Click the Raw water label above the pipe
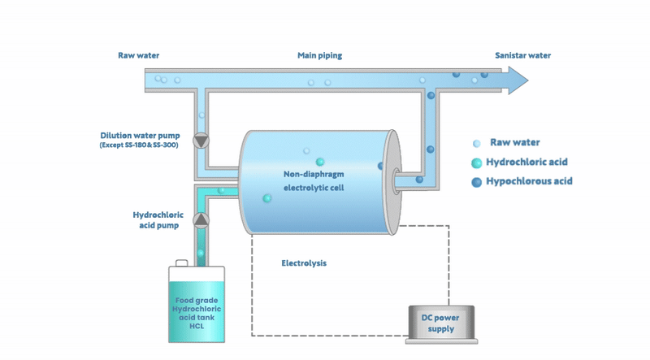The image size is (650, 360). tap(138, 56)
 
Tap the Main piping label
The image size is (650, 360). tap(319, 56)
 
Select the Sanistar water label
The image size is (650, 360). tap(522, 56)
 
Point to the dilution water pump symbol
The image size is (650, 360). tap(201, 141)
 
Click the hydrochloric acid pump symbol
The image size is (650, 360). tap(201, 219)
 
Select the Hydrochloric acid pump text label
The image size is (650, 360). tap(158, 220)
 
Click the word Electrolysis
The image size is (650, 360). tap(304, 263)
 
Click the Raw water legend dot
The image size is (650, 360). tap(476, 142)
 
